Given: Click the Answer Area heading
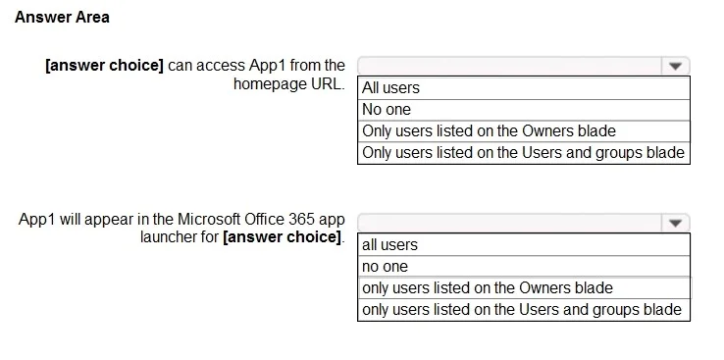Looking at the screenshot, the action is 62,18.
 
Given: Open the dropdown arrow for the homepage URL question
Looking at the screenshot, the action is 675,67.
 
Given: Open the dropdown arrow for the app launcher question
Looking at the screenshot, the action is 675,224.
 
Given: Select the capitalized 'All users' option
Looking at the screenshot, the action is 390,87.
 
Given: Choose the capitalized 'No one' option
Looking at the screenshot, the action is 386,110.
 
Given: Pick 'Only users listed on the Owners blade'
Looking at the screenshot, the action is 489,131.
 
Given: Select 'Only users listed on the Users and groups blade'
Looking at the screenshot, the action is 523,152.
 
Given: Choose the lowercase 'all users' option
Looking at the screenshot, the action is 389,244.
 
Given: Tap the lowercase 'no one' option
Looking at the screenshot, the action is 386,266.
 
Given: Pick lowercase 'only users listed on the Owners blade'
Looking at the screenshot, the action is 488,288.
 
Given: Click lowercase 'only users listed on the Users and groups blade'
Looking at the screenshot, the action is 522,309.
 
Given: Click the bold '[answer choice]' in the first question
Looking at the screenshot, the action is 104,66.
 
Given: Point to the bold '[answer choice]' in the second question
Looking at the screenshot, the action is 283,237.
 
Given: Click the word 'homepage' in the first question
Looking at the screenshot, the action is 266,84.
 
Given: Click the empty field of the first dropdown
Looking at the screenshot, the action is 510,67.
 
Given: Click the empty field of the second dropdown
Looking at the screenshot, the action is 510,224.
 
